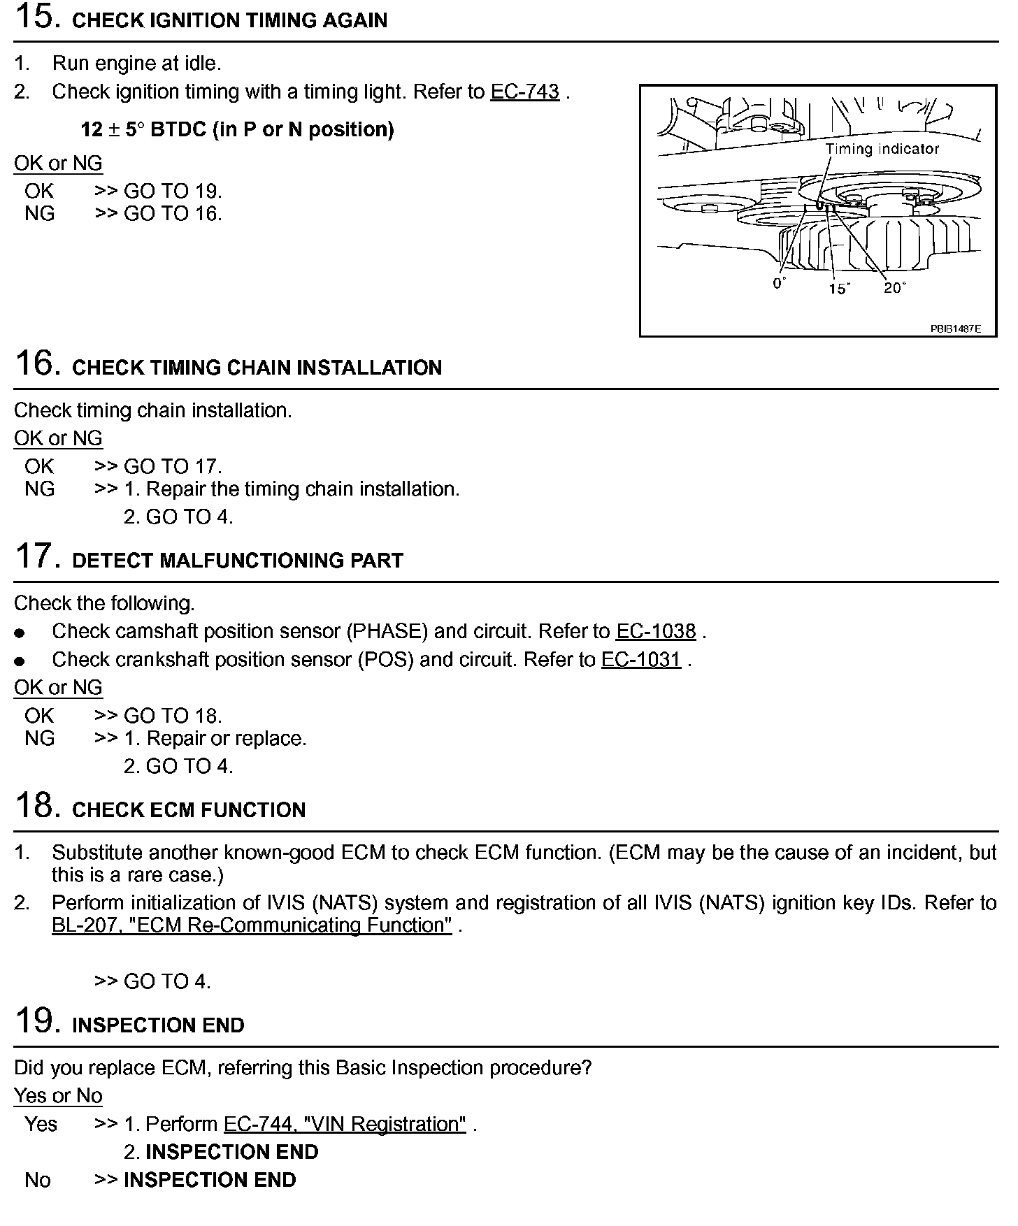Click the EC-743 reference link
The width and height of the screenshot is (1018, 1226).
pos(524,92)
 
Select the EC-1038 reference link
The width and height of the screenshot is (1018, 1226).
pos(655,631)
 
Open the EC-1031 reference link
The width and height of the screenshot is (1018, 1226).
pos(640,659)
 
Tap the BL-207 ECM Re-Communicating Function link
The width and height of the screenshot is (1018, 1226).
pos(252,925)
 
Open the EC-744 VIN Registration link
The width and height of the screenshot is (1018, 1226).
pos(344,1123)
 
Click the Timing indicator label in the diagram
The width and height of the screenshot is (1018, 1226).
pos(882,148)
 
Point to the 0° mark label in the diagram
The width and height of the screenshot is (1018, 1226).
pos(779,283)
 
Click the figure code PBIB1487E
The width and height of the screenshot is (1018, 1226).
pos(954,328)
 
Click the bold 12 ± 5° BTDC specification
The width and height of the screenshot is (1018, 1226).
pos(237,129)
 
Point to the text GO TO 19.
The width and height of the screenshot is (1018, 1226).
pos(173,191)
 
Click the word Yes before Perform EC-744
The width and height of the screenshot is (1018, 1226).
pos(41,1123)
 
